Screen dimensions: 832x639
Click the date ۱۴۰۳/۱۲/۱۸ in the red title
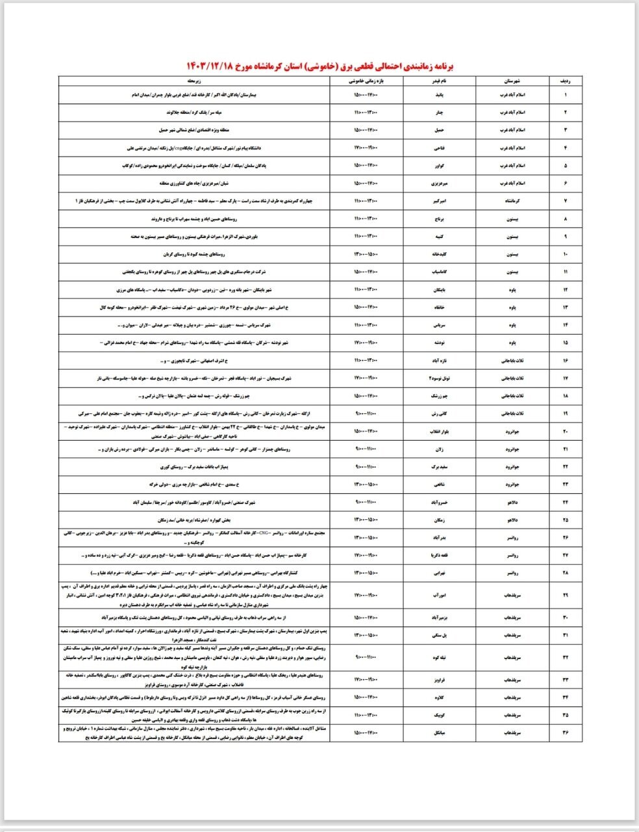click(208, 66)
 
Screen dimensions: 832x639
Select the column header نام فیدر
click(440, 81)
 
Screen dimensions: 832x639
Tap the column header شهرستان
click(512, 81)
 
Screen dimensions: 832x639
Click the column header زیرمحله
click(195, 81)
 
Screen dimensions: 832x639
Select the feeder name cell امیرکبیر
click(440, 201)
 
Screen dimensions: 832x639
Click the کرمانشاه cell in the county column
click(512, 201)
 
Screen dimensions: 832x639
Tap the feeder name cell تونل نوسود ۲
click(440, 378)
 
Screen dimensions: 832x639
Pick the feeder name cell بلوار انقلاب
click(440, 430)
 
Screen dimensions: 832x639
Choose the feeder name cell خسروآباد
click(440, 502)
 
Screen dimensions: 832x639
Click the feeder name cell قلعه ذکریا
click(440, 555)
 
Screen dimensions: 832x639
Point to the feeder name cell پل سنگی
click(440, 635)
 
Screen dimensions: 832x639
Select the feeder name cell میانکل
click(440, 733)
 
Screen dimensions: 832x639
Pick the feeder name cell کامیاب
click(440, 272)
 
